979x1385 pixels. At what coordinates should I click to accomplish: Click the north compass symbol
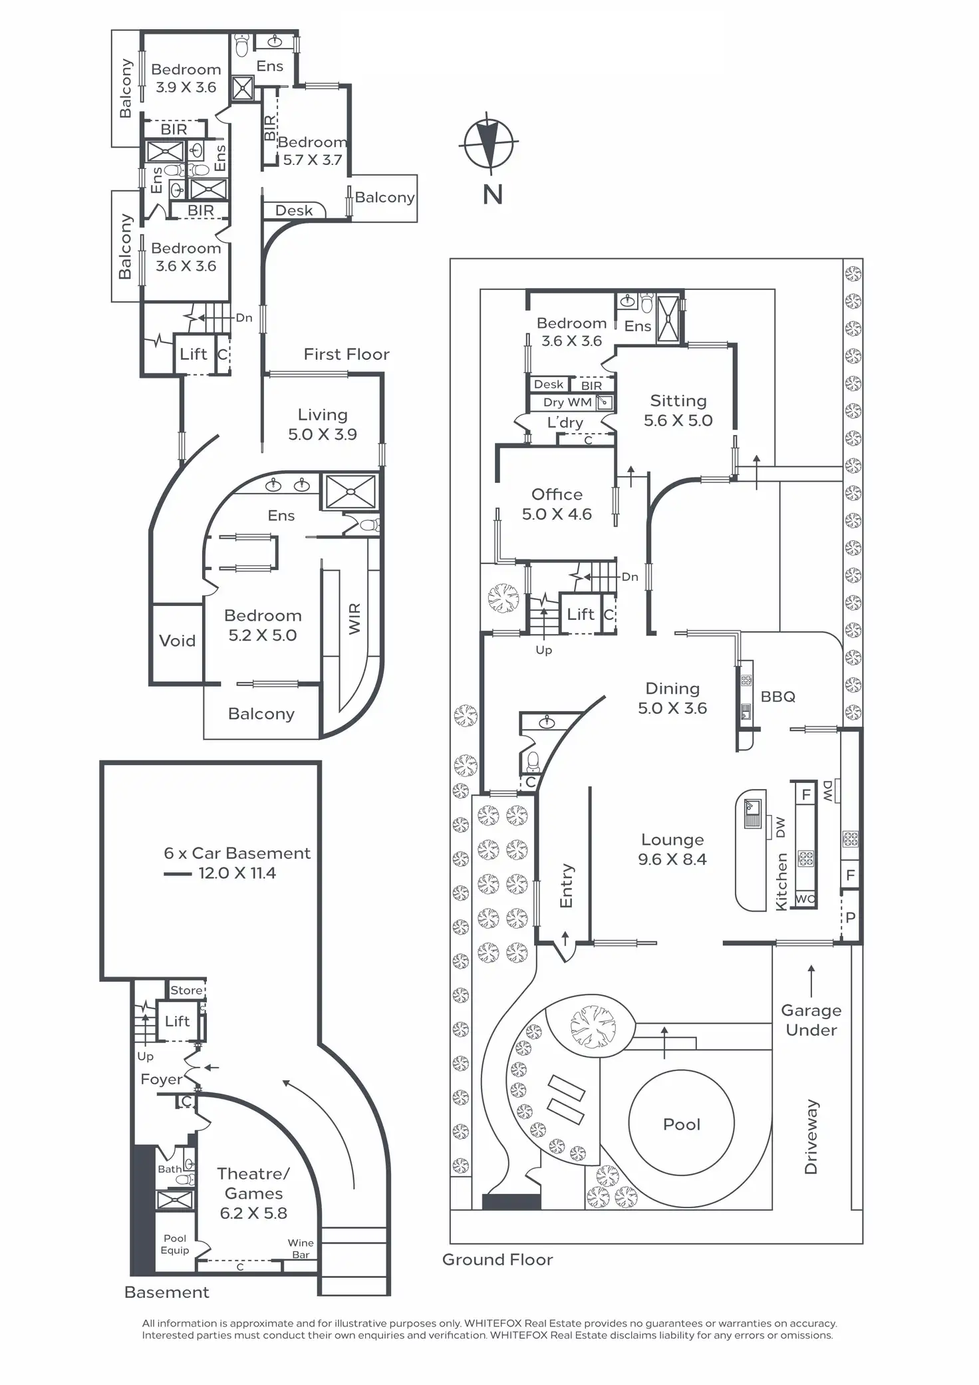coord(490,143)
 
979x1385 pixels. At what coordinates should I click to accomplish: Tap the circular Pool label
coord(682,1124)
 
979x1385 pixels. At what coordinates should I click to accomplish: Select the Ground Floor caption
coord(497,1259)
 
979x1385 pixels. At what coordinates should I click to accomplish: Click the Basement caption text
coord(166,1292)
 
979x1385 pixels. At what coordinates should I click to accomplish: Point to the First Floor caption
coord(347,354)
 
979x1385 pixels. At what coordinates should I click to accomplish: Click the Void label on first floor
coord(177,641)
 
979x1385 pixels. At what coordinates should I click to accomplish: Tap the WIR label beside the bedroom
coord(354,619)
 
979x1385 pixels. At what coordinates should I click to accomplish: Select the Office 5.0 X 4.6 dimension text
coord(557,514)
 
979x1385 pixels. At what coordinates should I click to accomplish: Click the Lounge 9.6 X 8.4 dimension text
coord(672,859)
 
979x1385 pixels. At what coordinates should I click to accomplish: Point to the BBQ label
coord(777,696)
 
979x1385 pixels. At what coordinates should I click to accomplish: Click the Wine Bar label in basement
coord(301,1249)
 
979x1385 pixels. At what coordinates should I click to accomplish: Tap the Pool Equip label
coord(175,1244)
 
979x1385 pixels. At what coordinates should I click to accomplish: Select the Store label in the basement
coord(186,990)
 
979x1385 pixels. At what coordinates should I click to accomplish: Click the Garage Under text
coord(811,1020)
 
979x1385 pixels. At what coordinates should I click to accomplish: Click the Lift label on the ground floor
coord(580,614)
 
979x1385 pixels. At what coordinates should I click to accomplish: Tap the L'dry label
coord(565,422)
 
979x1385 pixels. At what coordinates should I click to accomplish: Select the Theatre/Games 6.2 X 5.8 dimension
coord(253,1213)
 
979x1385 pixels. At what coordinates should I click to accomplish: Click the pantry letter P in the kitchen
coord(850,917)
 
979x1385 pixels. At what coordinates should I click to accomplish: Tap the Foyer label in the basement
coord(161,1080)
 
